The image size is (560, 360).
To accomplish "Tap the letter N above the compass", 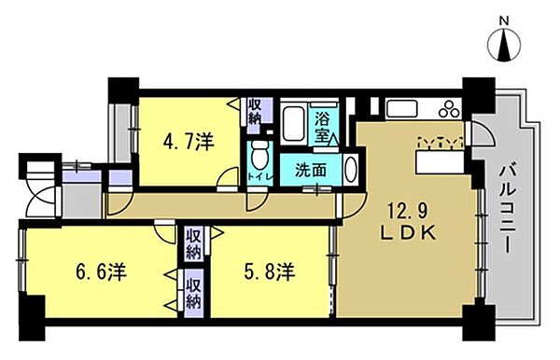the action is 504,21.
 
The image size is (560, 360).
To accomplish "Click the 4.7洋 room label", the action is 189,143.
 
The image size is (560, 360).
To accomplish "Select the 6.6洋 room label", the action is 101,272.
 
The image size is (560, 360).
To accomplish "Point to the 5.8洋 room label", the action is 270,272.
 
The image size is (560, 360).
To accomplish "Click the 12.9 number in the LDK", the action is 407,214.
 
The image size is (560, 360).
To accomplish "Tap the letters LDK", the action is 407,233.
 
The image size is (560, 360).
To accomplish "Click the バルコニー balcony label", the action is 508,208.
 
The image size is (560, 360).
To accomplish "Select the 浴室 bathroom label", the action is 322,127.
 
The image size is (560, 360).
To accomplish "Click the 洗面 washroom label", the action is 311,171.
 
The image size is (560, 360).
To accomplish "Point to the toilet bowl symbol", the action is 260,155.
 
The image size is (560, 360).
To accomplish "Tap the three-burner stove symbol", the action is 449,109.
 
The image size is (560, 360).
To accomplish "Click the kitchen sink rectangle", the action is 401,108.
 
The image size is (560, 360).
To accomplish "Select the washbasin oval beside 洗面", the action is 352,170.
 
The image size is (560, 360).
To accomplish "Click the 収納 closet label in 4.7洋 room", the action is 255,111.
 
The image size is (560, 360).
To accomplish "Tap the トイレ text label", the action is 260,176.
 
